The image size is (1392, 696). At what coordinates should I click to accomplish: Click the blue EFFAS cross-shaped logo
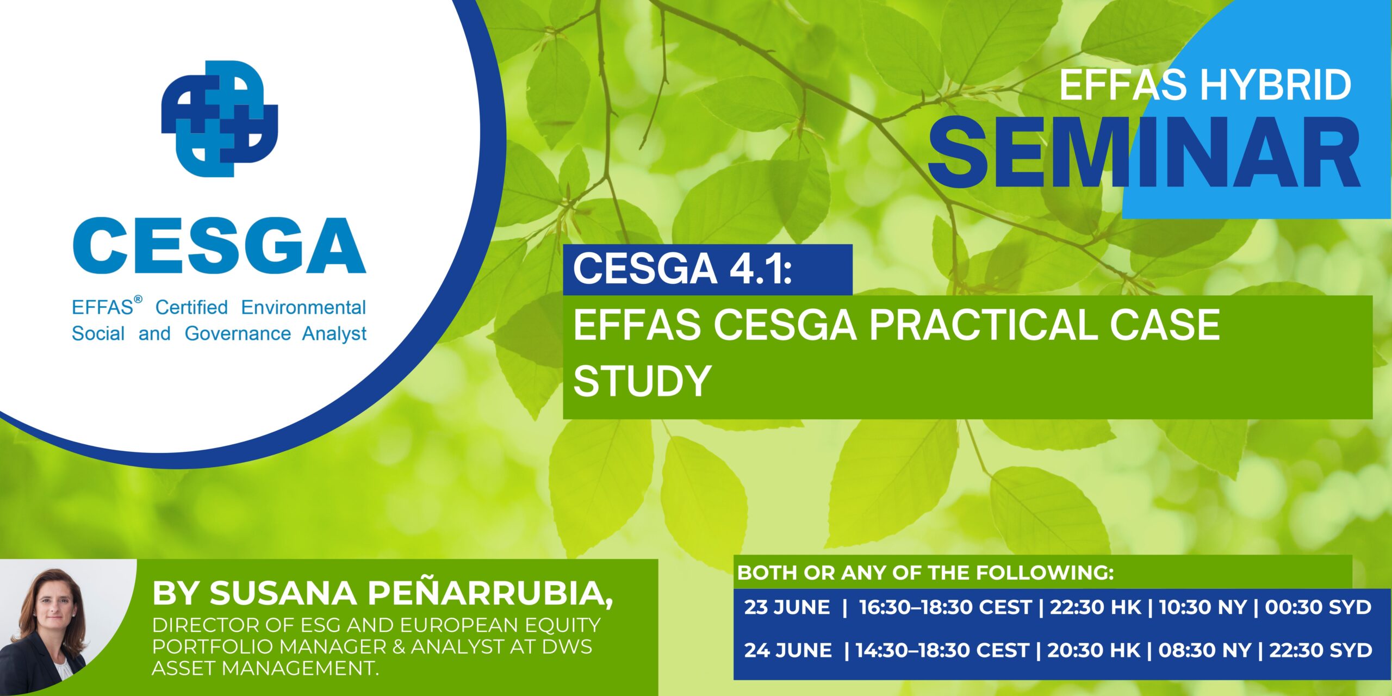click(x=220, y=119)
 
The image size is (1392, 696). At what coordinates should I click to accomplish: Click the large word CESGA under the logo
click(x=219, y=246)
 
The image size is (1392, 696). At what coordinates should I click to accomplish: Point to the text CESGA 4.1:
click(x=682, y=269)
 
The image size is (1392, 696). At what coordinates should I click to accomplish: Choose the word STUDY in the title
click(x=642, y=381)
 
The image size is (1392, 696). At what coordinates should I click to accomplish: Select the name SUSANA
click(x=283, y=593)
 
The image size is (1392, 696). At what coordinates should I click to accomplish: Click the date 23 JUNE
click(x=787, y=607)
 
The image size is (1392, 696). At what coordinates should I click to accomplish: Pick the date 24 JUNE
click(x=788, y=650)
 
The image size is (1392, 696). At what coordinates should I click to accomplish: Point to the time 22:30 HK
click(x=1095, y=607)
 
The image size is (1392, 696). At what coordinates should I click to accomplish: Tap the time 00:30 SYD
click(x=1318, y=607)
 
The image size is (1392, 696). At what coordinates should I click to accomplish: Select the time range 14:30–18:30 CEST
click(x=942, y=650)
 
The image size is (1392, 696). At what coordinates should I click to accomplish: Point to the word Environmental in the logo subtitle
click(x=303, y=307)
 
